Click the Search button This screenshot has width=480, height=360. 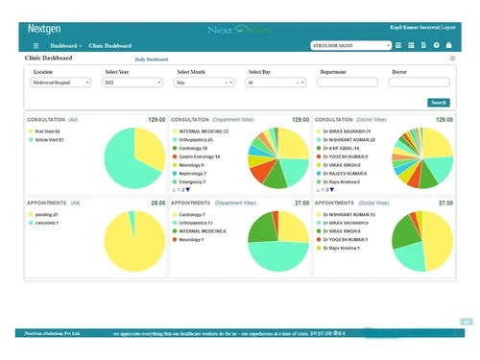(438, 102)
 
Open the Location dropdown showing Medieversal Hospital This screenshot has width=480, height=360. (61, 83)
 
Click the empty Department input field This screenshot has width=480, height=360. (348, 83)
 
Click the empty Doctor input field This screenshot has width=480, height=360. (419, 83)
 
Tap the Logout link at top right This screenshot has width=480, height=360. (448, 27)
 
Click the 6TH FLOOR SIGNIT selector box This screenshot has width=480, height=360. (351, 45)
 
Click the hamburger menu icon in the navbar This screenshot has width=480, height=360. (36, 45)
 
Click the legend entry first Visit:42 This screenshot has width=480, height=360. (46, 132)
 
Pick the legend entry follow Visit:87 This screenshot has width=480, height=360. (48, 140)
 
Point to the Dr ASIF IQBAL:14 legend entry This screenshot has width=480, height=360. (342, 148)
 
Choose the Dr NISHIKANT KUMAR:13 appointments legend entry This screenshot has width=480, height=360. (348, 215)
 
